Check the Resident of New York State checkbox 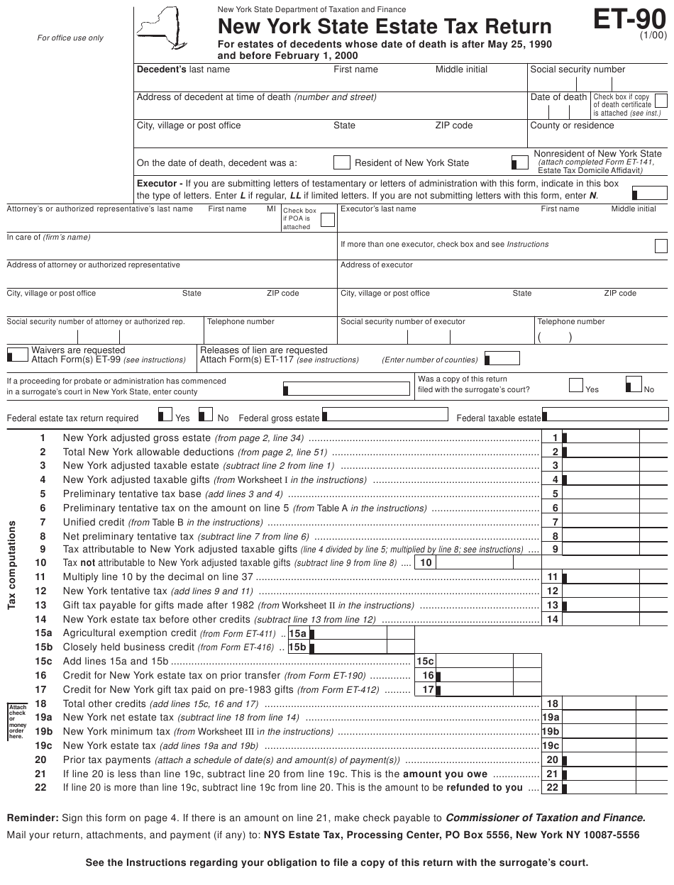click(x=342, y=162)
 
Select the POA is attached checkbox click(x=327, y=220)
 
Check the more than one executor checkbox click(x=661, y=245)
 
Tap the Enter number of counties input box click(x=501, y=359)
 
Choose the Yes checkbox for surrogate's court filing click(x=576, y=384)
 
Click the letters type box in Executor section click(x=649, y=193)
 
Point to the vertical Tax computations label click(x=12, y=564)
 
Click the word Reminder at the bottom click(x=28, y=818)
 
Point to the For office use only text click(x=70, y=38)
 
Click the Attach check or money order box click(x=16, y=721)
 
